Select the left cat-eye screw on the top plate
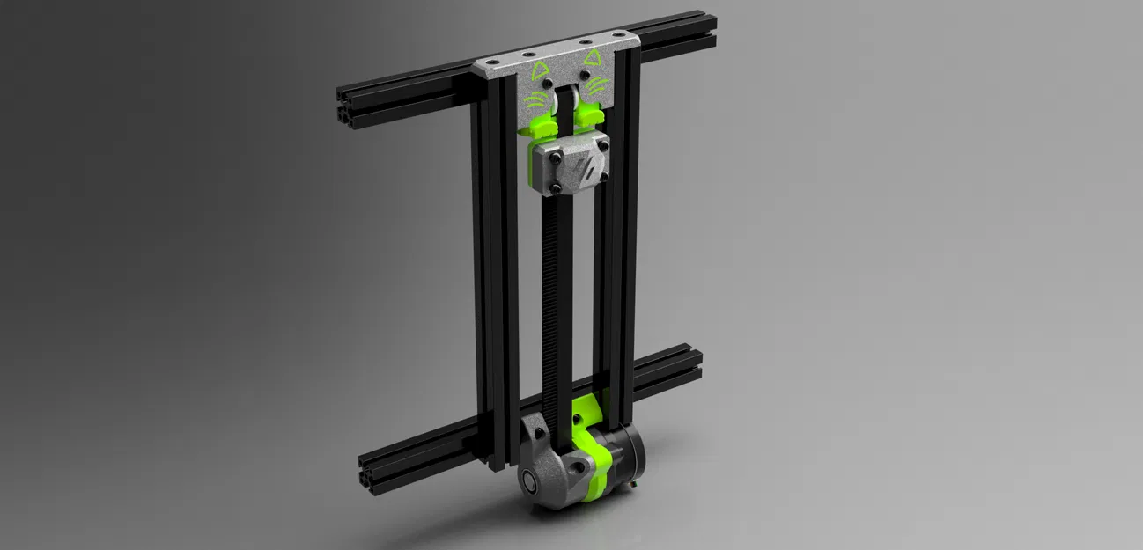coord(549,84)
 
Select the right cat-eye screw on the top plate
coord(586,75)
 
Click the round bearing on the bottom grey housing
coord(529,481)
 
